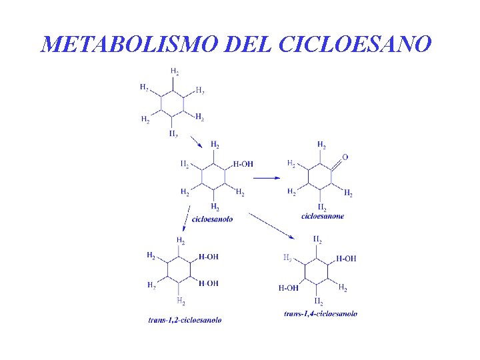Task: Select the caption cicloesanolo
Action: point(212,219)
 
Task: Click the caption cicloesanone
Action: point(323,215)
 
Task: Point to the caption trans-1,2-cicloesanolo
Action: point(185,320)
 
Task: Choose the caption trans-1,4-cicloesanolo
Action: point(320,313)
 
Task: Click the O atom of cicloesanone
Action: point(345,157)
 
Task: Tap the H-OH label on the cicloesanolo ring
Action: point(243,164)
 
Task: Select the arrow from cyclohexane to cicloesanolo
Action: point(195,143)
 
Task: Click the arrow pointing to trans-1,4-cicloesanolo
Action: point(271,226)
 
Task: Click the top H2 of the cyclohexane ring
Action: point(174,71)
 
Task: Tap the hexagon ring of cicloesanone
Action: point(321,177)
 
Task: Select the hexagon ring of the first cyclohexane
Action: point(173,103)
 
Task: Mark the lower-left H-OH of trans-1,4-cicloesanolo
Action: point(289,288)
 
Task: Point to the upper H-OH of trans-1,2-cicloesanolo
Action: point(208,257)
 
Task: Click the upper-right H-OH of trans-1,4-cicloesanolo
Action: point(346,259)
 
